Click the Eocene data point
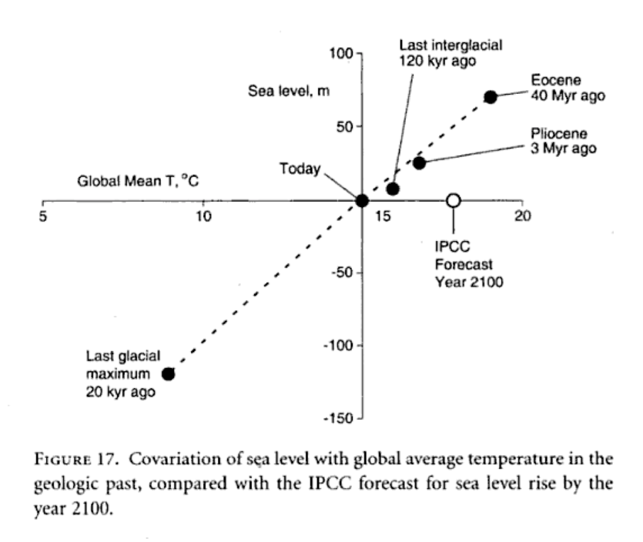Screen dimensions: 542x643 pyautogui.click(x=491, y=96)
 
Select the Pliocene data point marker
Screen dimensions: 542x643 pyautogui.click(x=419, y=163)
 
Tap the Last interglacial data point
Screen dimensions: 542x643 pyautogui.click(x=393, y=188)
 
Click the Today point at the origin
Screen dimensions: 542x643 pyautogui.click(x=362, y=201)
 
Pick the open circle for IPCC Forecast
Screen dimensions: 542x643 pyautogui.click(x=453, y=201)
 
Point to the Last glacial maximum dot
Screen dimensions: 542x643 pyautogui.click(x=168, y=374)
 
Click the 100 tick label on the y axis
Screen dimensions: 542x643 pyautogui.click(x=341, y=53)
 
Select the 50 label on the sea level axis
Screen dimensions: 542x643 pyautogui.click(x=345, y=127)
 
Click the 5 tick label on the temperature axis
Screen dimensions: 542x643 pyautogui.click(x=42, y=215)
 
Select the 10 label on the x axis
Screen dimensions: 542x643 pyautogui.click(x=204, y=215)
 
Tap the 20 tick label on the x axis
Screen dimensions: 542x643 pyautogui.click(x=522, y=215)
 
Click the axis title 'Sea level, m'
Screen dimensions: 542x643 pyautogui.click(x=289, y=91)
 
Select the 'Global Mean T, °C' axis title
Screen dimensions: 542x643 pyautogui.click(x=138, y=182)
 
